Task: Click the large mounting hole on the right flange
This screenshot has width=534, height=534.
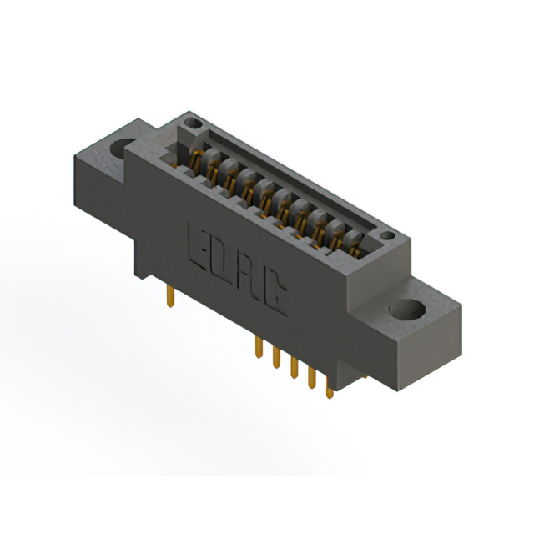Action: (x=408, y=310)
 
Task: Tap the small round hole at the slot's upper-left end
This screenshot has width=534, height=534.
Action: (x=194, y=123)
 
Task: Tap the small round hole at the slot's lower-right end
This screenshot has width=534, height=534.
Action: (x=387, y=235)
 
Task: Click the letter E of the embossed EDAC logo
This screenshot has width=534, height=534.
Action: (x=198, y=246)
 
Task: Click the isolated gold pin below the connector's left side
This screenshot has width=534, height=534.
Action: (x=170, y=296)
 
